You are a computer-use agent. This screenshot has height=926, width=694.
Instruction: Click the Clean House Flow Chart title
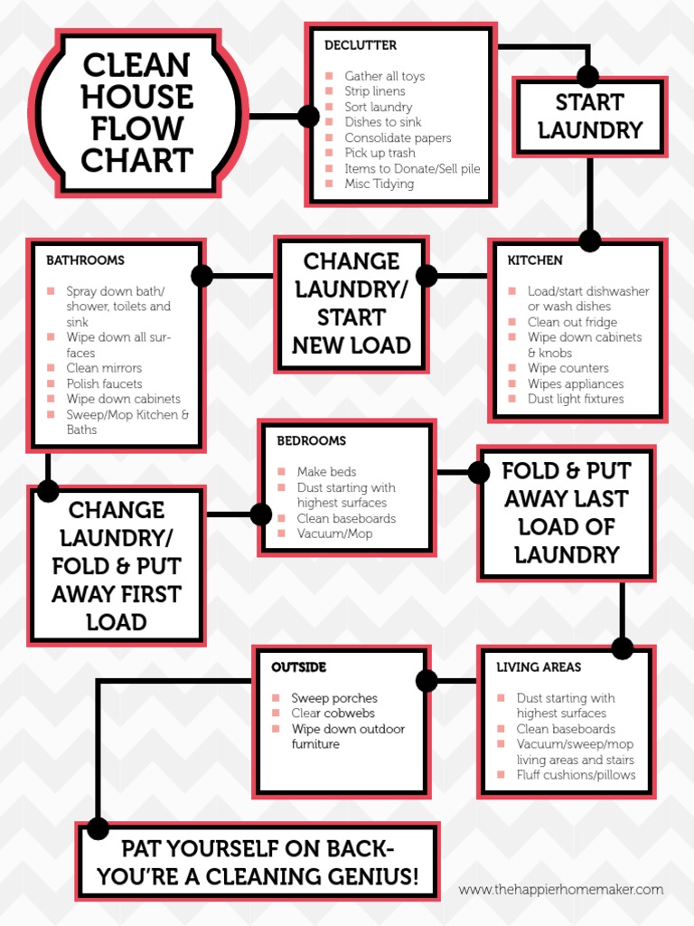[136, 113]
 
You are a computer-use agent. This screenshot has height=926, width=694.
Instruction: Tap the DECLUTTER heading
[361, 45]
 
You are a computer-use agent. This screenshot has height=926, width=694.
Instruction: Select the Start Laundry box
[589, 116]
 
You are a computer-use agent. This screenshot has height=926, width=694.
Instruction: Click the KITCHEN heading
[535, 260]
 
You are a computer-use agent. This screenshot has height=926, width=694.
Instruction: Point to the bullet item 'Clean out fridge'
[572, 322]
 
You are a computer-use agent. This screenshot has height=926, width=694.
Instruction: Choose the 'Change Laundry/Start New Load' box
[351, 303]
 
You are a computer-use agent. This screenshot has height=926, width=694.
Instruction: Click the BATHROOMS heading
[85, 260]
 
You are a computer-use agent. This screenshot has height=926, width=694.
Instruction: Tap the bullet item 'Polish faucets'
[104, 383]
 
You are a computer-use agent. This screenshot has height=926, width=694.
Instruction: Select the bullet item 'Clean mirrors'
[104, 368]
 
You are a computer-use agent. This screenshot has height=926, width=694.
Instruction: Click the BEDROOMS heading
[311, 441]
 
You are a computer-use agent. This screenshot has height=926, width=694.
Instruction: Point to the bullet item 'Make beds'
[326, 472]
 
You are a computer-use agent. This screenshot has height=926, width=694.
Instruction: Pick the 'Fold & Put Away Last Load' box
[566, 513]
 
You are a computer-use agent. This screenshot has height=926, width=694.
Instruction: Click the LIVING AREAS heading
[539, 667]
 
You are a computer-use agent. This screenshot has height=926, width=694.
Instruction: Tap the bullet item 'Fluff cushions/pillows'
[576, 775]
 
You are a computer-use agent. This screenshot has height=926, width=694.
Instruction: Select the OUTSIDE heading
[298, 667]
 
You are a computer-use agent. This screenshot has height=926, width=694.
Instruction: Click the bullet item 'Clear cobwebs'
[333, 713]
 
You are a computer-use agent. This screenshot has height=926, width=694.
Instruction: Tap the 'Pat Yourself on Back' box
[258, 863]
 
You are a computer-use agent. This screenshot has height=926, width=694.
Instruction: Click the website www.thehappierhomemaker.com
[560, 890]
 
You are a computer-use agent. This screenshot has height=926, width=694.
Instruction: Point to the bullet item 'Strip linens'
[374, 91]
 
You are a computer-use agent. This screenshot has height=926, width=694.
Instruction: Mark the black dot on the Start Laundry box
[588, 76]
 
